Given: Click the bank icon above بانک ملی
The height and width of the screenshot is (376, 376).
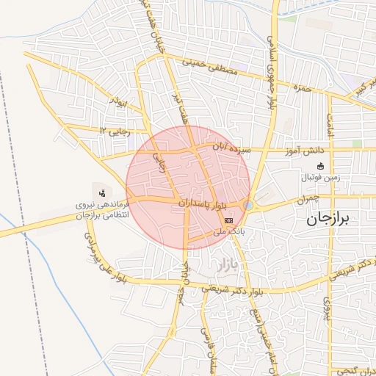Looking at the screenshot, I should pyautogui.click(x=229, y=220).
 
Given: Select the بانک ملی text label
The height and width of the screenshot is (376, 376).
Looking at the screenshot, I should pyautogui.click(x=228, y=231).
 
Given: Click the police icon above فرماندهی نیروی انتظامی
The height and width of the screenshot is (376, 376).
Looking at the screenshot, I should pyautogui.click(x=101, y=193).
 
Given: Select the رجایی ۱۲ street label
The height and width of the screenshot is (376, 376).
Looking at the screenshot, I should pyautogui.click(x=114, y=130).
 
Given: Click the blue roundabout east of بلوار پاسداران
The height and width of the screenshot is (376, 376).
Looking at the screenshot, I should pyautogui.click(x=250, y=206).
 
